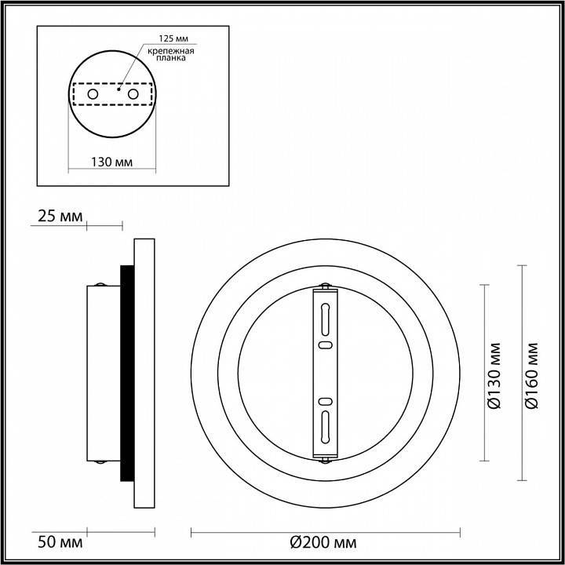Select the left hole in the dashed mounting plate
coord(93,94)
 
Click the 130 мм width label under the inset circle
coord(111,162)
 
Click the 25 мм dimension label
coord(57,217)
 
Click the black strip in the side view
coord(126,373)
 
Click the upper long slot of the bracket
coord(324,319)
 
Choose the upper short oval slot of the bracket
coord(324,344)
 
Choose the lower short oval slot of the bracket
coord(324,401)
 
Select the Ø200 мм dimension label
coord(323,542)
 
